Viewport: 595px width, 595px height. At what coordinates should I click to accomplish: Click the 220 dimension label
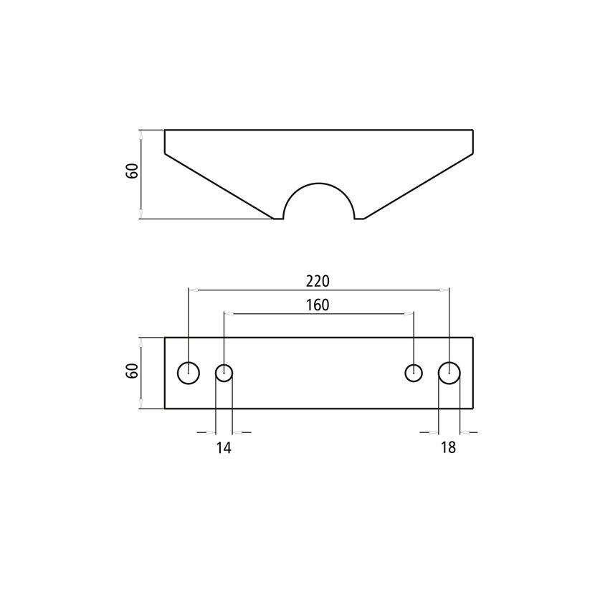tap(318, 281)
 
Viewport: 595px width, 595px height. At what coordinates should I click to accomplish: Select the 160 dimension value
tap(318, 305)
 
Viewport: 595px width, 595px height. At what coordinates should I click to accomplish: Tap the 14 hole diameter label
tap(224, 448)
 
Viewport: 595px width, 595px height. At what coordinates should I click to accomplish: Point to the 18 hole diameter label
tap(448, 448)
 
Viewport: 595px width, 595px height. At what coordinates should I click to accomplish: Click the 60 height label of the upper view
tap(132, 171)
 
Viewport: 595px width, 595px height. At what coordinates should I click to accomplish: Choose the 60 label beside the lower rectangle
tap(132, 371)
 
